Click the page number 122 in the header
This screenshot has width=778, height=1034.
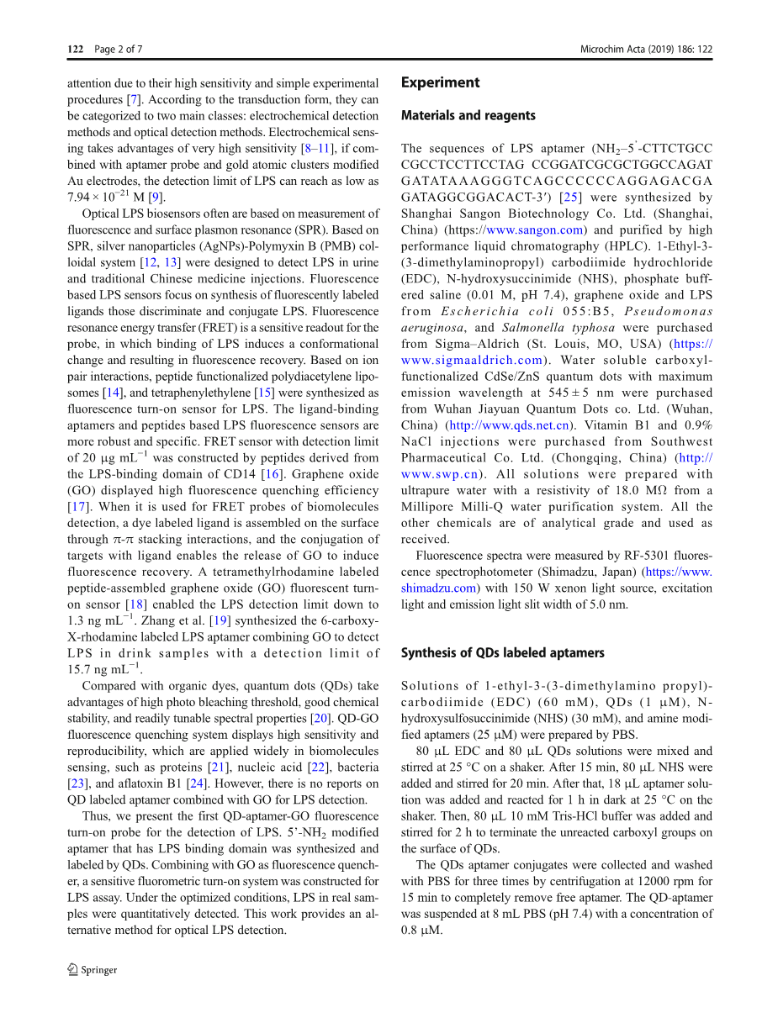[75, 50]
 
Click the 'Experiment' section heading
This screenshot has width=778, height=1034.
[440, 82]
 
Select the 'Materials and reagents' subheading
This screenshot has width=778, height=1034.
[468, 115]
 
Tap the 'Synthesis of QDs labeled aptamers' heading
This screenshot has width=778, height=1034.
[502, 652]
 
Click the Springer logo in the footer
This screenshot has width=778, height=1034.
[93, 969]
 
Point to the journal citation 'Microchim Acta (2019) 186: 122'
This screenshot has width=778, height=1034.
[646, 50]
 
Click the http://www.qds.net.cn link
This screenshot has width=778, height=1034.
[509, 425]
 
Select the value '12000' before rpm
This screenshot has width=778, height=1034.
[638, 881]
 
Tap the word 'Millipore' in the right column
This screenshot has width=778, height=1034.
[428, 507]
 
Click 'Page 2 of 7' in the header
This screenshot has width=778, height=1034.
[118, 50]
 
